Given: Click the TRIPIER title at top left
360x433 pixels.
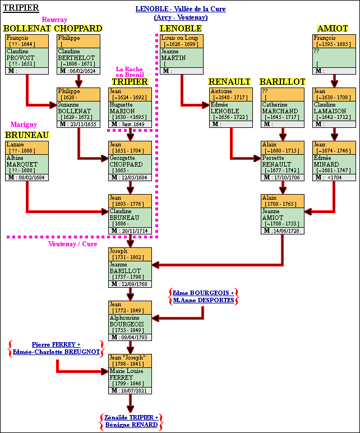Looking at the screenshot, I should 21,8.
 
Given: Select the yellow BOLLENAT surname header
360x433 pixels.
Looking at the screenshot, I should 27,29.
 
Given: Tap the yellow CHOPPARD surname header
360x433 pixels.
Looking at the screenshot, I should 79,29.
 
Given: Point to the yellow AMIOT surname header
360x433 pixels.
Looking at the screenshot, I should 333,29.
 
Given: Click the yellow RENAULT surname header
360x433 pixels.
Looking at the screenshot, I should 229,82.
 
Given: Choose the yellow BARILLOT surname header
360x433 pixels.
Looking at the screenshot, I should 282,82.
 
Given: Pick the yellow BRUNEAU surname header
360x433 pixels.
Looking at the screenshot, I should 26,135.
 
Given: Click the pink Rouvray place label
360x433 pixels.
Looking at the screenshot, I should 54,20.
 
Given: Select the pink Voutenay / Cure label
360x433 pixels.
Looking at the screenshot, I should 72,244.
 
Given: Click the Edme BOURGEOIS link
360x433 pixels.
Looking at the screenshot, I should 203,293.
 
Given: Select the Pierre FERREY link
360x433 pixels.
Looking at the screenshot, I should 56,344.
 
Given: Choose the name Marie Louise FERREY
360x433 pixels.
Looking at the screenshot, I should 126,371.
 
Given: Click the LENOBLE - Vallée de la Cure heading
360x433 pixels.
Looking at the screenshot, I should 181,10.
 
